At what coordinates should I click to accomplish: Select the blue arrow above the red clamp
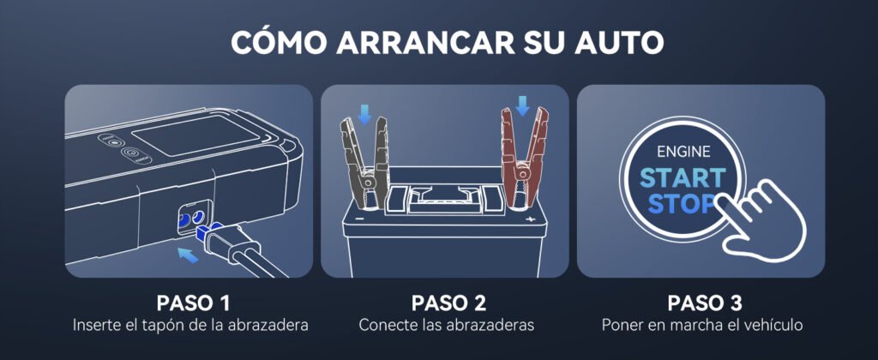coord(522,105)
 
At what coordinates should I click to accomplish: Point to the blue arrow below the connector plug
coord(187,255)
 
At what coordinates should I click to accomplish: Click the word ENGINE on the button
coord(683,151)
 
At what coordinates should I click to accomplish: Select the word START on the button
coord(683,178)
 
